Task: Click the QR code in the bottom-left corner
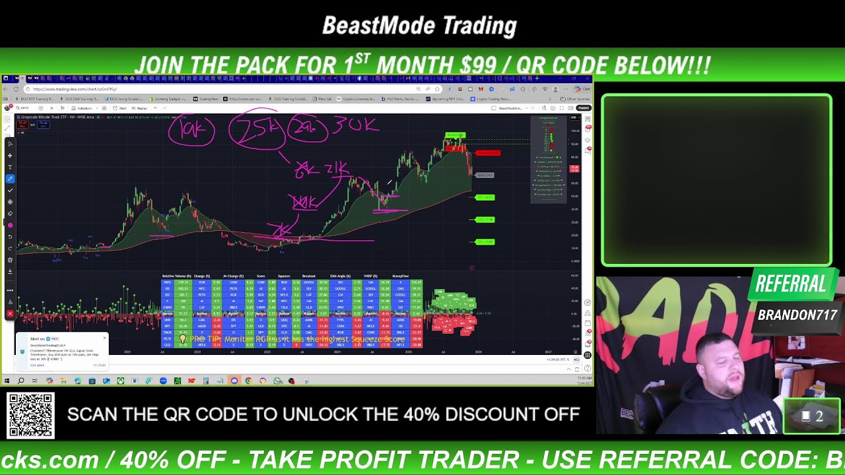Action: (30, 416)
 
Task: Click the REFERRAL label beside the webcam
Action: (790, 285)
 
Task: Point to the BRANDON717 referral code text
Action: (797, 315)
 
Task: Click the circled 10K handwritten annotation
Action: (191, 131)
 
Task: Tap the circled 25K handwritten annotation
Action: (257, 129)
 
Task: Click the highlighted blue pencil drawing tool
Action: (10, 179)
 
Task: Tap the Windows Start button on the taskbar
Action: (7, 381)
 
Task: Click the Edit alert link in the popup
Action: (37, 365)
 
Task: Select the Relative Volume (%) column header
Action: (176, 276)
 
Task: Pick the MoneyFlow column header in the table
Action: (401, 276)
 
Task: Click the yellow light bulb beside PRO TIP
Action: (183, 339)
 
